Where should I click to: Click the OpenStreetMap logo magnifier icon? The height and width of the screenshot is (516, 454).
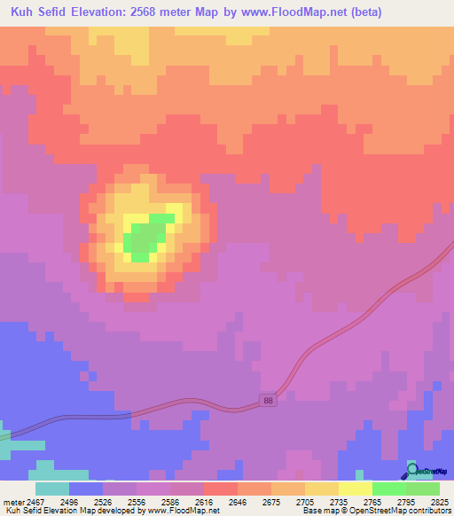(x=411, y=471)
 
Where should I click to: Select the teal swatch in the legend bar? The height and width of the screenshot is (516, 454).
(x=51, y=489)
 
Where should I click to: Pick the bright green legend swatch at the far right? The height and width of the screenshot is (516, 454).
(x=422, y=489)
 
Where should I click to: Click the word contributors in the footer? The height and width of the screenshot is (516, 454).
(x=428, y=511)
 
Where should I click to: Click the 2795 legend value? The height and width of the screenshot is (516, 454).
(x=406, y=501)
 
